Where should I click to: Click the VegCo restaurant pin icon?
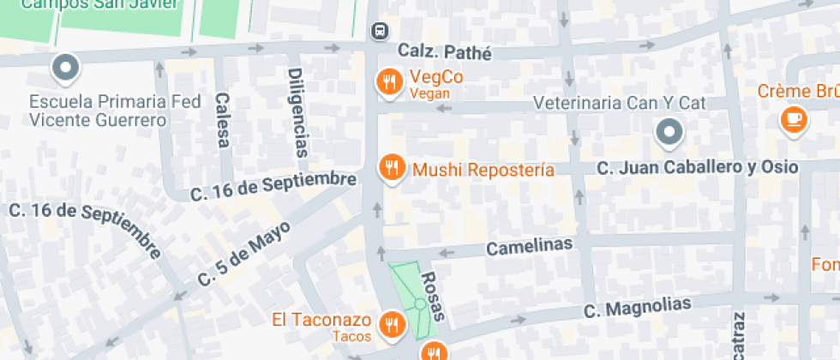pyautogui.click(x=390, y=81)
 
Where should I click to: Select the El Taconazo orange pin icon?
pyautogui.click(x=393, y=324)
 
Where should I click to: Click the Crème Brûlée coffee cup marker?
pyautogui.click(x=793, y=118)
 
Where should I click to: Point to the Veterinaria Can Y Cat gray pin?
pyautogui.click(x=669, y=132)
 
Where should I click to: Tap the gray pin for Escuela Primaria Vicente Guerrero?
pyautogui.click(x=65, y=65)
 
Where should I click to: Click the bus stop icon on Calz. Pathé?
pyautogui.click(x=378, y=31)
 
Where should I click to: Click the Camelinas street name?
pyautogui.click(x=529, y=247)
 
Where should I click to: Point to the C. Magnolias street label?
pyautogui.click(x=637, y=306)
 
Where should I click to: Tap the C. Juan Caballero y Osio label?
pyautogui.click(x=697, y=166)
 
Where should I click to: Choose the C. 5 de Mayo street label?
pyautogui.click(x=244, y=253)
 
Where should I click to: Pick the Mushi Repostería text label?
pyautogui.click(x=483, y=170)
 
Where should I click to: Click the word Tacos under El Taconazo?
pyautogui.click(x=352, y=336)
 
